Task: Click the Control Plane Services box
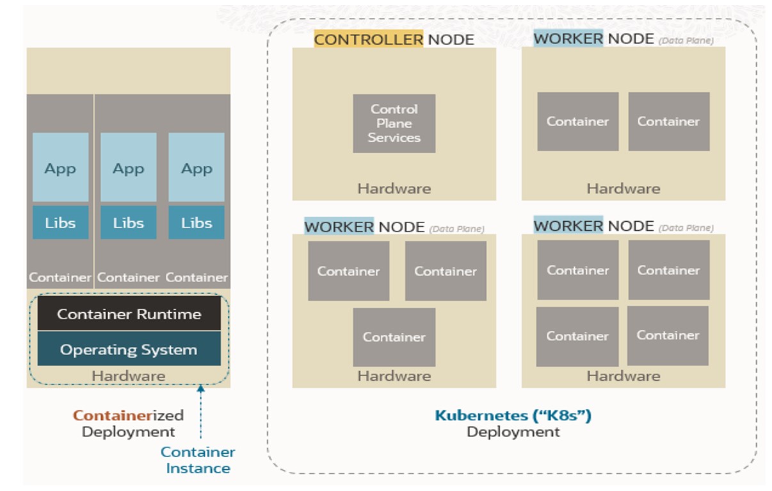click(x=394, y=124)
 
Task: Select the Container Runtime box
click(x=129, y=314)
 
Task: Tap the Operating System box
click(x=129, y=349)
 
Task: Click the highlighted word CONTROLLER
click(x=368, y=40)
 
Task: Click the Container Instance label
click(x=198, y=460)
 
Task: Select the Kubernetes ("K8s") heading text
click(x=513, y=415)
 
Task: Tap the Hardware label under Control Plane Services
click(x=394, y=188)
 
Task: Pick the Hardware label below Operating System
click(x=129, y=376)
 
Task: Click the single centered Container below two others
click(x=394, y=337)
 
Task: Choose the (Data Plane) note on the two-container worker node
click(x=686, y=40)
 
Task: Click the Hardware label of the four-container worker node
click(x=623, y=376)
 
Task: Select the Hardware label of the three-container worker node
click(x=394, y=376)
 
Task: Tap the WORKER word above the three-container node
click(x=339, y=227)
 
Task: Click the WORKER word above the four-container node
click(x=568, y=226)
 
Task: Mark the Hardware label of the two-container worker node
click(x=623, y=188)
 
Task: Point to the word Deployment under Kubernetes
click(x=513, y=432)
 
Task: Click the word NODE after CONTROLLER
click(x=451, y=40)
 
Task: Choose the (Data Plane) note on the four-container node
click(x=686, y=228)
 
